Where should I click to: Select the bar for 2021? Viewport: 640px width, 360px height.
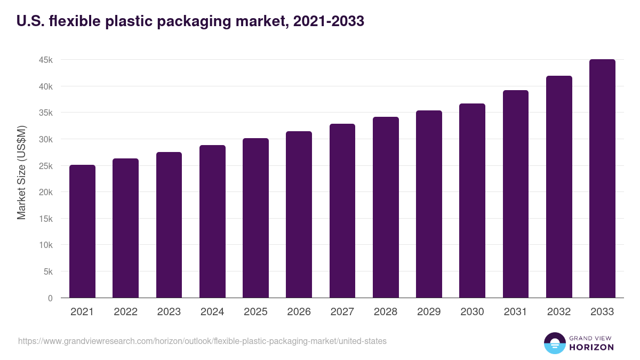tap(82, 231)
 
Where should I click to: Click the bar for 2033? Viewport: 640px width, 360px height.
tap(602, 179)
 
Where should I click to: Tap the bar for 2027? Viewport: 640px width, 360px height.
tap(342, 211)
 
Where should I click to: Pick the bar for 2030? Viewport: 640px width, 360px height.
tap(472, 201)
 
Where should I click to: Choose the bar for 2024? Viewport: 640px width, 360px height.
tap(212, 221)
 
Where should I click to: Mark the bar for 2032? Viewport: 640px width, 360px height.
tap(559, 187)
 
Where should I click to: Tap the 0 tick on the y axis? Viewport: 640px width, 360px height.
tap(50, 298)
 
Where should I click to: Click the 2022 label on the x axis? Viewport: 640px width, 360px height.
tap(125, 312)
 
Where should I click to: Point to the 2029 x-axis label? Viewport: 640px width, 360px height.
tap(429, 312)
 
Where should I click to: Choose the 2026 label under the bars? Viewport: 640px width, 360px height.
tap(299, 312)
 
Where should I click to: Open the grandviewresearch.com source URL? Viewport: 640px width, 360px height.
tap(202, 341)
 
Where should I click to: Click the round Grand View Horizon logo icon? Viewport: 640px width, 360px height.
tap(554, 343)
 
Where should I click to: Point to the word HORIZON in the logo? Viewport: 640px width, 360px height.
tap(591, 347)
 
